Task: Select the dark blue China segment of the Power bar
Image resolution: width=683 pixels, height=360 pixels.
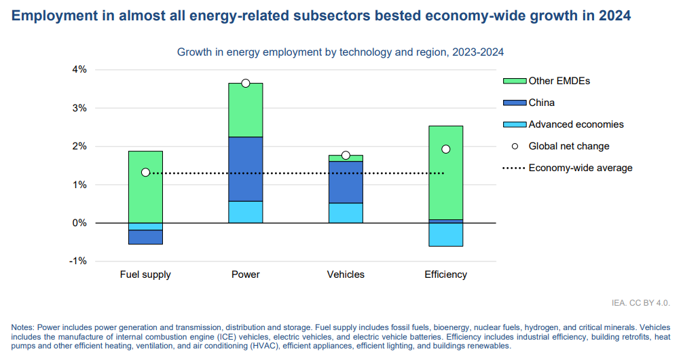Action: tap(246, 169)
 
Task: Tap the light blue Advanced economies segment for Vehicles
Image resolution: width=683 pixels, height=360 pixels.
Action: tap(346, 213)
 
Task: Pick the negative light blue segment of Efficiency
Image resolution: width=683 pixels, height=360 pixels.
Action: tap(445, 234)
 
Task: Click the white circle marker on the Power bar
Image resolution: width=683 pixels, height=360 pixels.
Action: tap(246, 83)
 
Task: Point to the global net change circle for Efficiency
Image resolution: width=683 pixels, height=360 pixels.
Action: tap(445, 149)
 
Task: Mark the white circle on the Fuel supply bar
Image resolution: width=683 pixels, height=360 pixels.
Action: tap(145, 173)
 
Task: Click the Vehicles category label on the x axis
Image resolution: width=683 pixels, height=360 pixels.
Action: tap(346, 275)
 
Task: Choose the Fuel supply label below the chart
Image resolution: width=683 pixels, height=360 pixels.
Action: tap(145, 275)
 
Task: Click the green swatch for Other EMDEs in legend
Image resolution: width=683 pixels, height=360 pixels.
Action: tap(514, 81)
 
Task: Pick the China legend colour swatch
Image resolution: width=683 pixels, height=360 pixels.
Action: tap(514, 103)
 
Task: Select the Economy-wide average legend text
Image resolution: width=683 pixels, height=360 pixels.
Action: tap(580, 168)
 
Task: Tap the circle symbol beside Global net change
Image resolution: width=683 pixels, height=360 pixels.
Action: tap(515, 146)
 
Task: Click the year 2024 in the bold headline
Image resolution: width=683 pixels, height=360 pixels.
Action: tap(614, 16)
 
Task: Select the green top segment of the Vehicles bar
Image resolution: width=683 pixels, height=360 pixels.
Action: tap(346, 158)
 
